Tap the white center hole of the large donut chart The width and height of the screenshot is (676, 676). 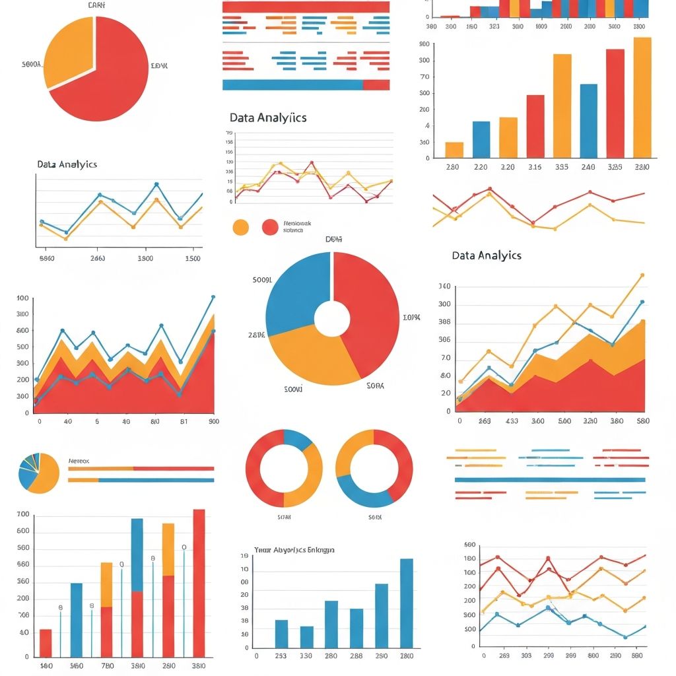(x=332, y=320)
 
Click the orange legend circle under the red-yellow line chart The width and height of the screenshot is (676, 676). (x=241, y=227)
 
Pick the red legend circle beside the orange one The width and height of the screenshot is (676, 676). (x=270, y=227)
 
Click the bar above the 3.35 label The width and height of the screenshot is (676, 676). (x=562, y=106)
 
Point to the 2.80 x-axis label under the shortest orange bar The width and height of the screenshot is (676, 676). (x=452, y=167)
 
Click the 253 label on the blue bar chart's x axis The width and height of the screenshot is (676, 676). (x=281, y=656)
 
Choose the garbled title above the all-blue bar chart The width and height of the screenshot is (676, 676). (x=294, y=549)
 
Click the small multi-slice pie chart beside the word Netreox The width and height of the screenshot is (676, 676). (x=38, y=473)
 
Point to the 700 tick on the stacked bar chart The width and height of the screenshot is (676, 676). (x=23, y=514)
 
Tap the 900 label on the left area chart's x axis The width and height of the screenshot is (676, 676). (x=213, y=421)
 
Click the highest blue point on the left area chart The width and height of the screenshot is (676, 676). (x=213, y=297)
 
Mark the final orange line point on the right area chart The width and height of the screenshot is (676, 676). (x=642, y=275)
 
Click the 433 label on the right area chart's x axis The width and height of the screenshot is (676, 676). (x=512, y=421)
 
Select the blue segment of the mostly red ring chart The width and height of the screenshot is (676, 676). (x=298, y=438)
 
